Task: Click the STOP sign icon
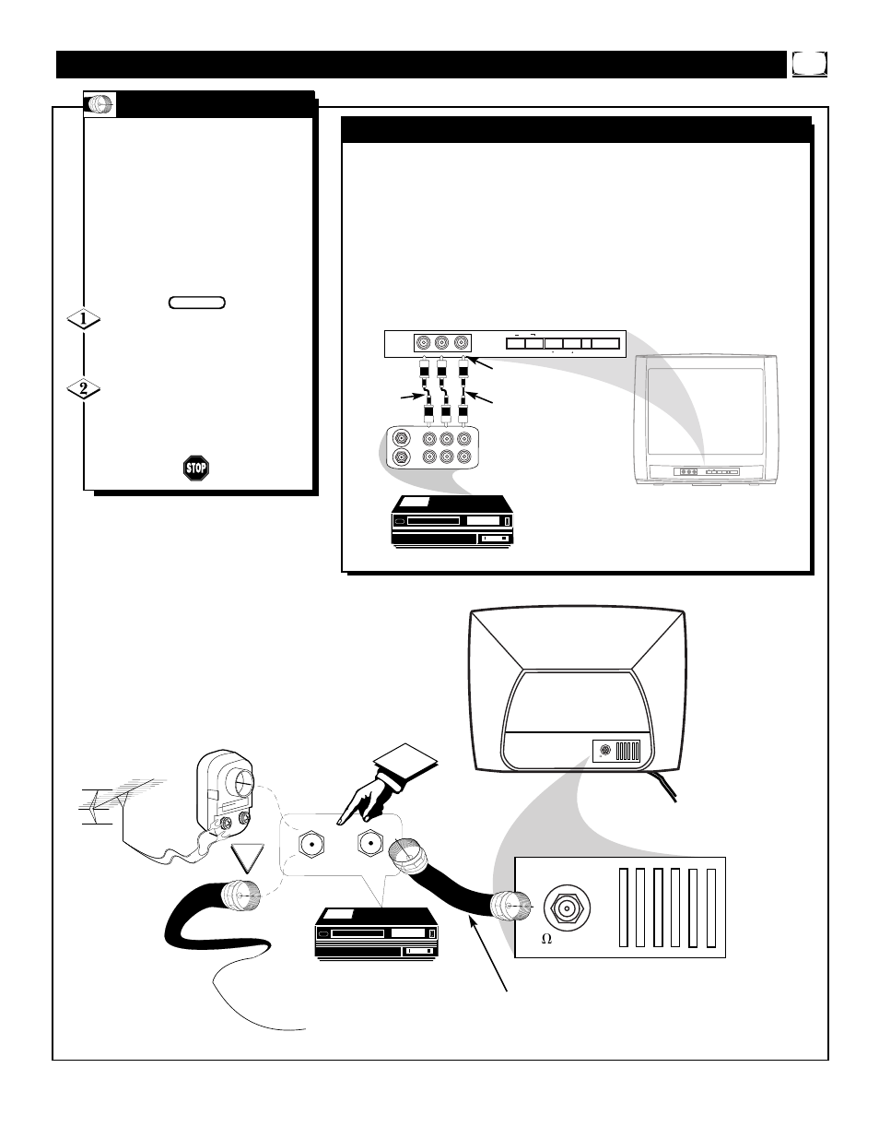[196, 468]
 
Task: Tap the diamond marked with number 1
[84, 319]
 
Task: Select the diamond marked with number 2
[84, 389]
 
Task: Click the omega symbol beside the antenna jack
[546, 939]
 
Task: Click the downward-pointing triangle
[248, 858]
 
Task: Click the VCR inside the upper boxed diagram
[452, 521]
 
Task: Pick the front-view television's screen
[706, 411]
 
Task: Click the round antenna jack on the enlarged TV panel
[567, 908]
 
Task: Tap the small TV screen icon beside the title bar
[809, 64]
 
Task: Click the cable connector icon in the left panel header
[100, 104]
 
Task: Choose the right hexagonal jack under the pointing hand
[370, 843]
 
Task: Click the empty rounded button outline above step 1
[197, 303]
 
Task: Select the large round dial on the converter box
[239, 783]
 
